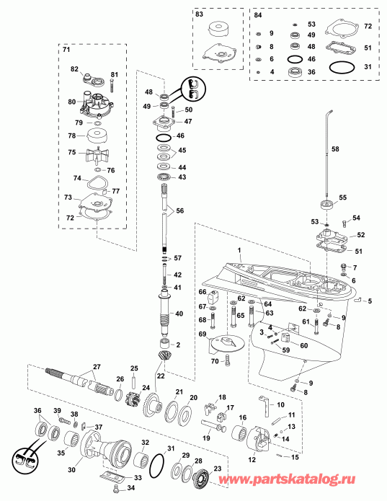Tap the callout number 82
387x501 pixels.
click(74, 68)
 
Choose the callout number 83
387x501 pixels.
click(199, 14)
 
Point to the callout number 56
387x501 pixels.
click(179, 210)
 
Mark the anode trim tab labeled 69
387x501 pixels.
click(226, 343)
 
